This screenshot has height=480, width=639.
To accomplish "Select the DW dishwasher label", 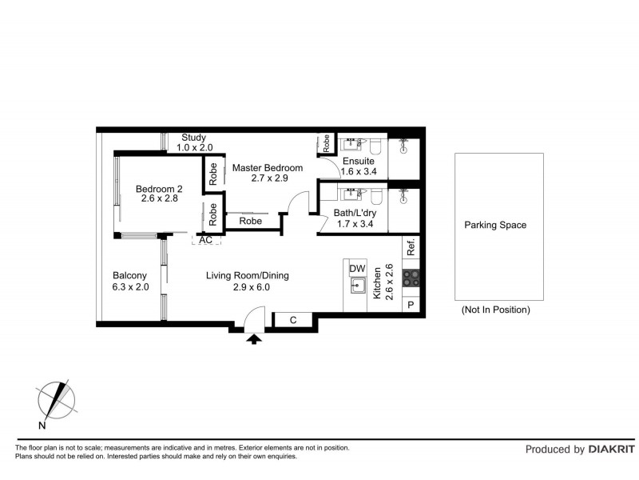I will (357, 268).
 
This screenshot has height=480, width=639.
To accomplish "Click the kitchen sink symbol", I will (357, 286).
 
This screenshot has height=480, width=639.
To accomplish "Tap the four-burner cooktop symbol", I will (411, 278).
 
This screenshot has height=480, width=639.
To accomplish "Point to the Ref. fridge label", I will (411, 248).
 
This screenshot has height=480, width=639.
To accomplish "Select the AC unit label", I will (205, 239).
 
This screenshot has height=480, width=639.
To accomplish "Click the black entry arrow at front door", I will (254, 339).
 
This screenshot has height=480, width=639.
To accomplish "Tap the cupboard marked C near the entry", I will (293, 321).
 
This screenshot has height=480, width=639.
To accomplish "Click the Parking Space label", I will (495, 225).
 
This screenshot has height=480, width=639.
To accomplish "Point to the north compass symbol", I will (55, 400).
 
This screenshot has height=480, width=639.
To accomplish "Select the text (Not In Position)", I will (495, 310).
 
